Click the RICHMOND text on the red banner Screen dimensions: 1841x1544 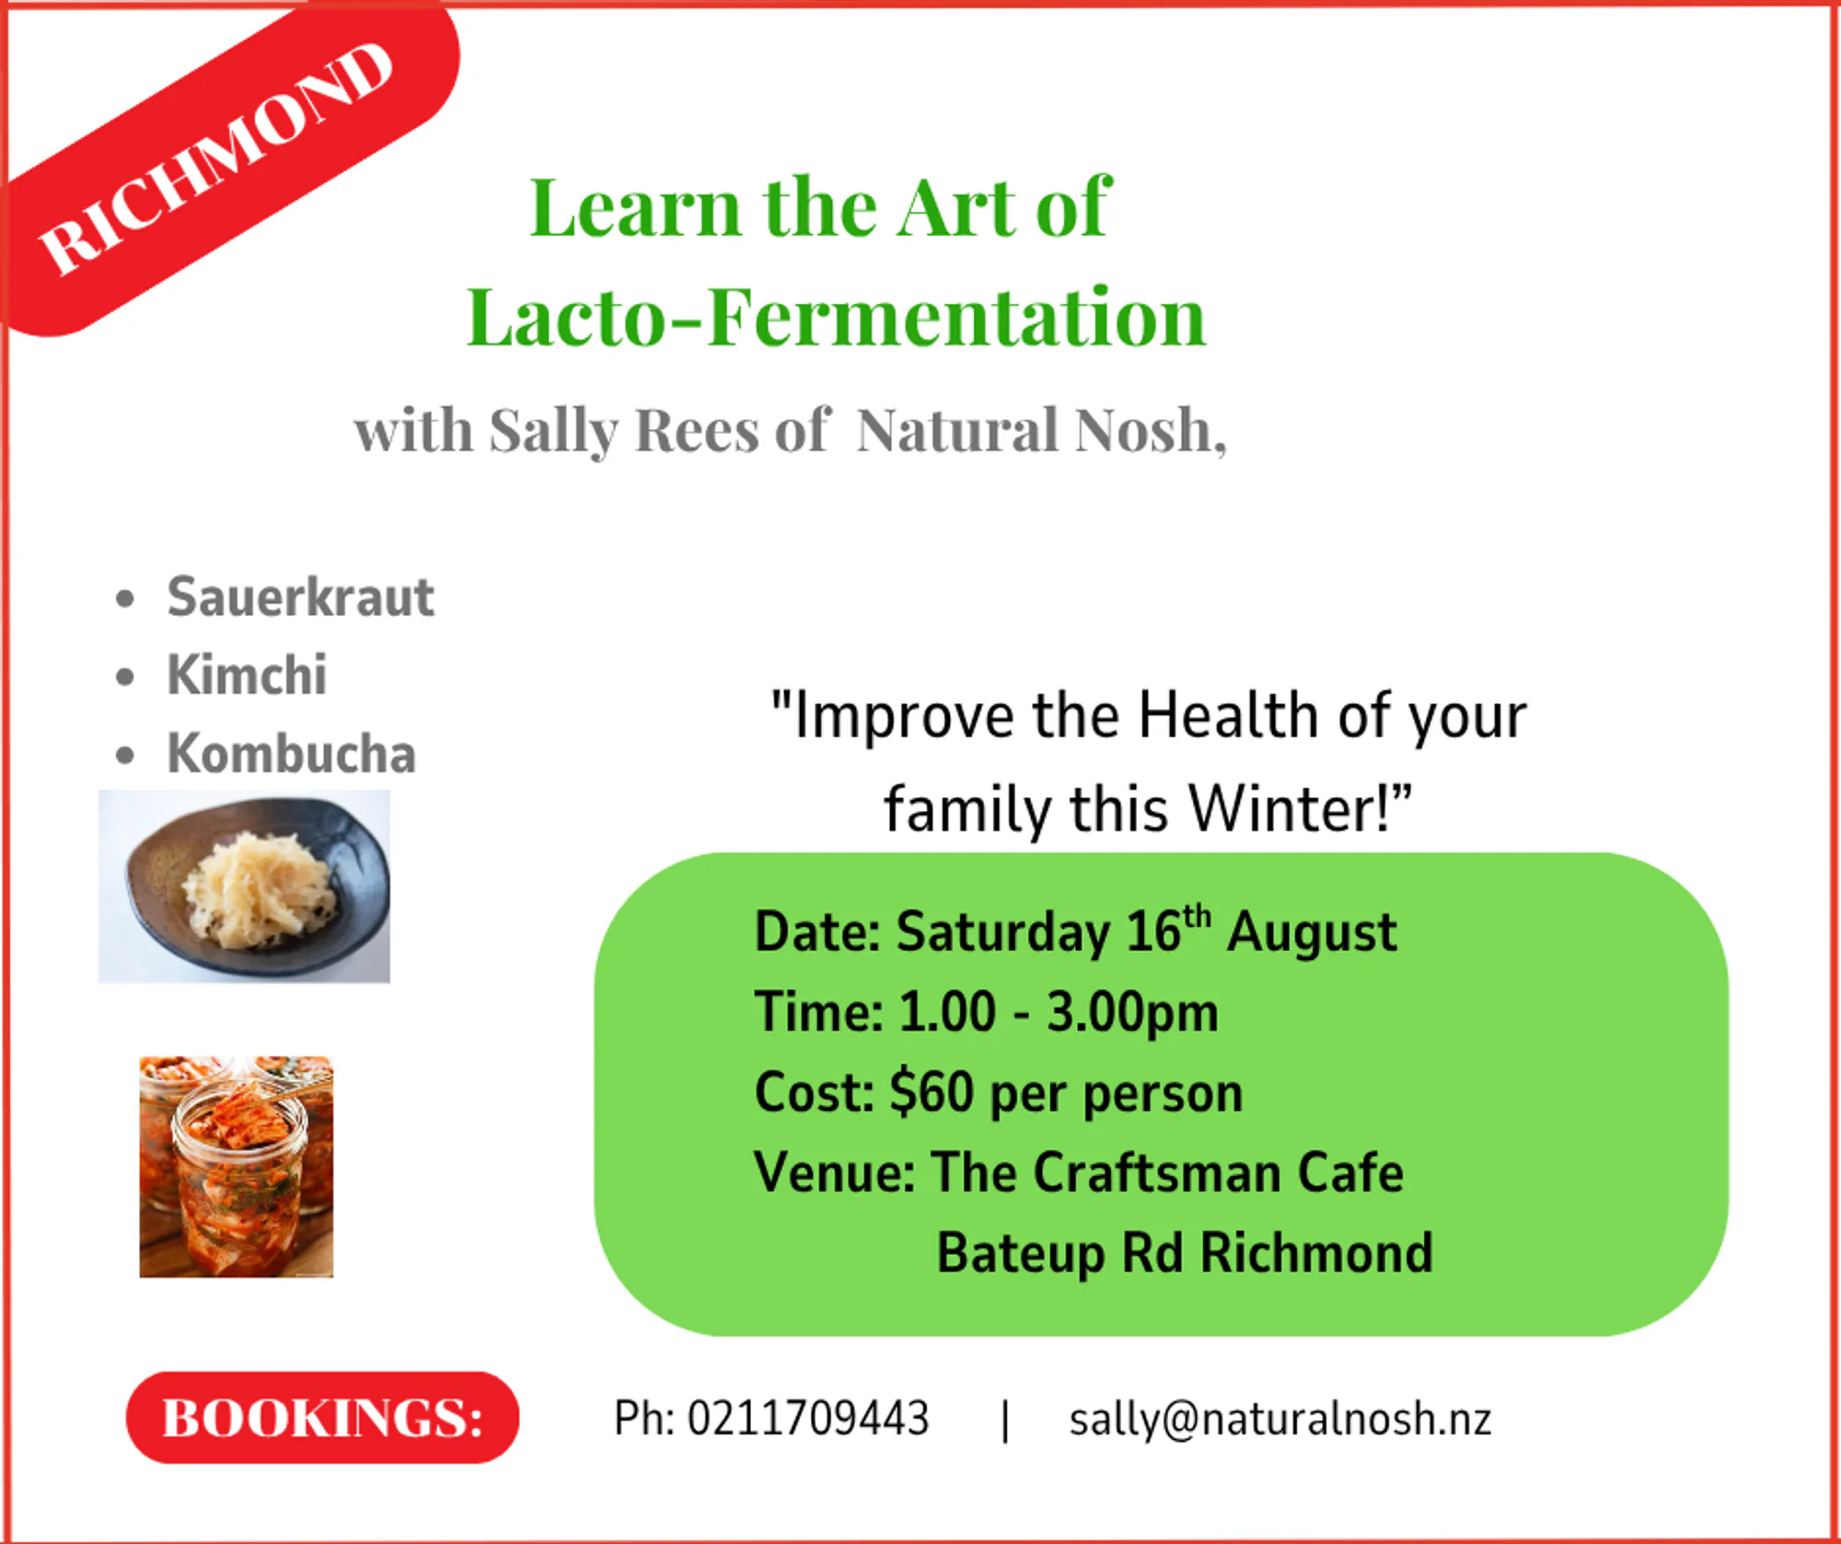click(x=216, y=158)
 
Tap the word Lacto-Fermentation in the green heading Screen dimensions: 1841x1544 click(x=836, y=317)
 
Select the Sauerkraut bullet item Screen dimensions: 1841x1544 click(x=300, y=597)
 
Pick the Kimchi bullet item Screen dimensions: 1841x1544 click(x=247, y=675)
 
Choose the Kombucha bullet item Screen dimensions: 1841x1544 click(x=291, y=753)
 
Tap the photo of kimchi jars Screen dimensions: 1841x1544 click(x=237, y=1167)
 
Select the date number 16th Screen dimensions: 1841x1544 click(x=1168, y=930)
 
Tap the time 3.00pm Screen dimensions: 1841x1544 click(x=1132, y=1013)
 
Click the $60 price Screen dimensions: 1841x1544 click(x=932, y=1092)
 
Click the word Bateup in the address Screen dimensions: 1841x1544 click(x=1021, y=1254)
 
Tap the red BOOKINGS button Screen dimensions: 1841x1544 click(x=322, y=1418)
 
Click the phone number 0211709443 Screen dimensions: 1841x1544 click(x=808, y=1418)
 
